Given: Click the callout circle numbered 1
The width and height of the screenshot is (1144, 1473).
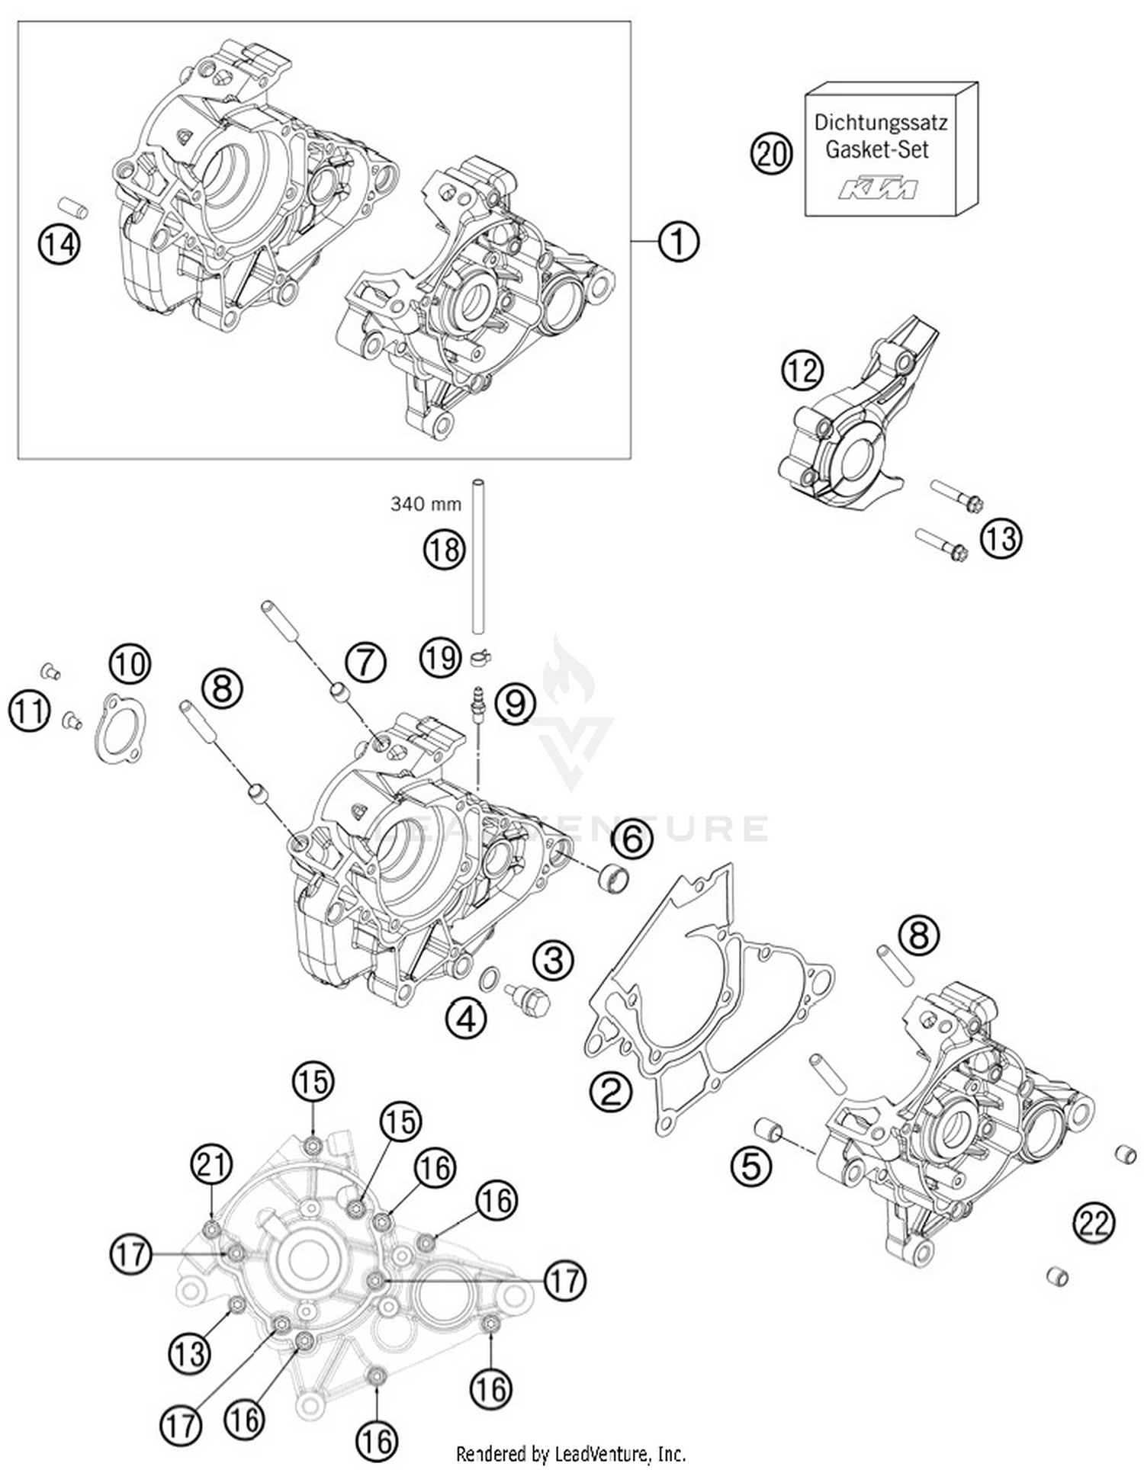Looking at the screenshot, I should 677,242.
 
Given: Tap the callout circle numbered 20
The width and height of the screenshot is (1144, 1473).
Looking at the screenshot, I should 772,154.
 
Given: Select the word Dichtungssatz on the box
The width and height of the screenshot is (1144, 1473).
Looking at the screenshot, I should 880,122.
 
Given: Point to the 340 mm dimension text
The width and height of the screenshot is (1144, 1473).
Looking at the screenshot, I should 426,504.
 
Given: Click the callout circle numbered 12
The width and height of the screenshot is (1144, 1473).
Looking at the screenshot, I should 802,371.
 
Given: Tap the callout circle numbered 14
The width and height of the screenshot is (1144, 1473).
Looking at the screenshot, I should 59,245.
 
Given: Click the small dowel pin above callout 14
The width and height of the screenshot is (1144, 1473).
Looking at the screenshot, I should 73,207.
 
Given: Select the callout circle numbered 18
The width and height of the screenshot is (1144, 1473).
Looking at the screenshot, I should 444,549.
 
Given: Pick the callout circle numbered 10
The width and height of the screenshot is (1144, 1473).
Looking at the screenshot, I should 130,664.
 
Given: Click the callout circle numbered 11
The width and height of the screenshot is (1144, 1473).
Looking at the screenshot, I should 30,712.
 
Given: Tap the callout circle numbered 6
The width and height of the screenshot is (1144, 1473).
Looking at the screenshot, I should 632,839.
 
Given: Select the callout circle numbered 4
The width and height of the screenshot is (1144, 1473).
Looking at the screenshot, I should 467,1018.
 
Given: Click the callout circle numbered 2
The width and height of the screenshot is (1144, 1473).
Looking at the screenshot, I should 611,1093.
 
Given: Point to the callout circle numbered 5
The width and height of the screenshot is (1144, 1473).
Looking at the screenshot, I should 751,1165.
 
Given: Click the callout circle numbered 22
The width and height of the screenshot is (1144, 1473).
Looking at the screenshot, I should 1094,1224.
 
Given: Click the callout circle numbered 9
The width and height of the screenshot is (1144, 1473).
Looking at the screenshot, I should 515,703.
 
